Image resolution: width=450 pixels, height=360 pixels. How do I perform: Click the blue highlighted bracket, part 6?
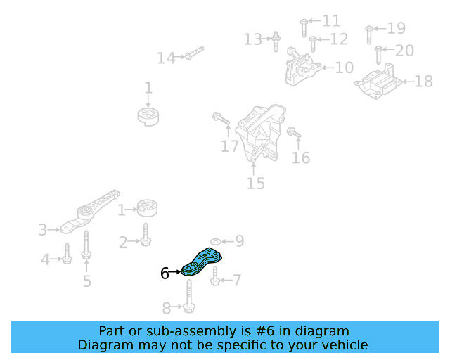[202, 262]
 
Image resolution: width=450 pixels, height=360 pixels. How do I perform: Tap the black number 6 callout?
[165, 273]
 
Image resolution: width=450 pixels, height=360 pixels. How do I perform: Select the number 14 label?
[166, 58]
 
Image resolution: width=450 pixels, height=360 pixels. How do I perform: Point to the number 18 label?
[423, 82]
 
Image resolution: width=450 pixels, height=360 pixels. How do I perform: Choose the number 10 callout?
[344, 67]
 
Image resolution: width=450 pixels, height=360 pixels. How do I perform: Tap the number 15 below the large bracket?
[255, 184]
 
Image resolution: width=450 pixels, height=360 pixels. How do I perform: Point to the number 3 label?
[43, 230]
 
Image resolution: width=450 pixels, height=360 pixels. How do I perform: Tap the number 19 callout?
[397, 28]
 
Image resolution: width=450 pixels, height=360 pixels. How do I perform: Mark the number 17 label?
[230, 146]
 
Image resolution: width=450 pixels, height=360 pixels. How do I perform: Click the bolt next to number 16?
[292, 131]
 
